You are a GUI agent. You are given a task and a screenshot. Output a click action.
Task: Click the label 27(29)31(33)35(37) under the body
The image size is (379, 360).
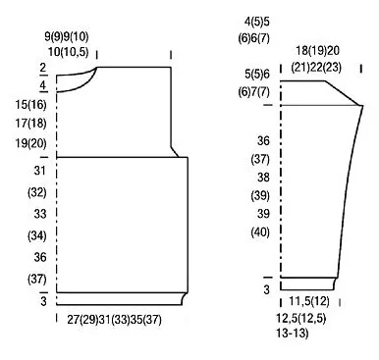(x=115, y=320)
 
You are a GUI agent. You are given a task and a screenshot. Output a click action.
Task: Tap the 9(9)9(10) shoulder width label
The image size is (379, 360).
(x=67, y=36)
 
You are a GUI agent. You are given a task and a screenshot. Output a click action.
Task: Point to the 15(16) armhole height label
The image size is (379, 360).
(x=30, y=105)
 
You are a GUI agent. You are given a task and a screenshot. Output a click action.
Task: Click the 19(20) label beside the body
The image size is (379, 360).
(x=30, y=143)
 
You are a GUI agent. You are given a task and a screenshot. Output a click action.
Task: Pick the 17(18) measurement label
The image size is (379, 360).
(x=30, y=124)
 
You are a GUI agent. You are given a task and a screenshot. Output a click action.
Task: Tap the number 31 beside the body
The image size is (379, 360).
(x=40, y=171)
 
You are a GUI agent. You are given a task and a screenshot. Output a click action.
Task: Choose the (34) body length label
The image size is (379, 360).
(x=37, y=235)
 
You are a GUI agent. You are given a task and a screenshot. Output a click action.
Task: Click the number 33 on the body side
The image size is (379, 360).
(x=40, y=214)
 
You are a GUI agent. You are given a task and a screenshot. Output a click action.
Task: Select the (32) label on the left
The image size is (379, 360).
(x=37, y=192)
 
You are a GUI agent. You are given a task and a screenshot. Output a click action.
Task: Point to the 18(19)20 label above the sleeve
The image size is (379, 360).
(x=318, y=51)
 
